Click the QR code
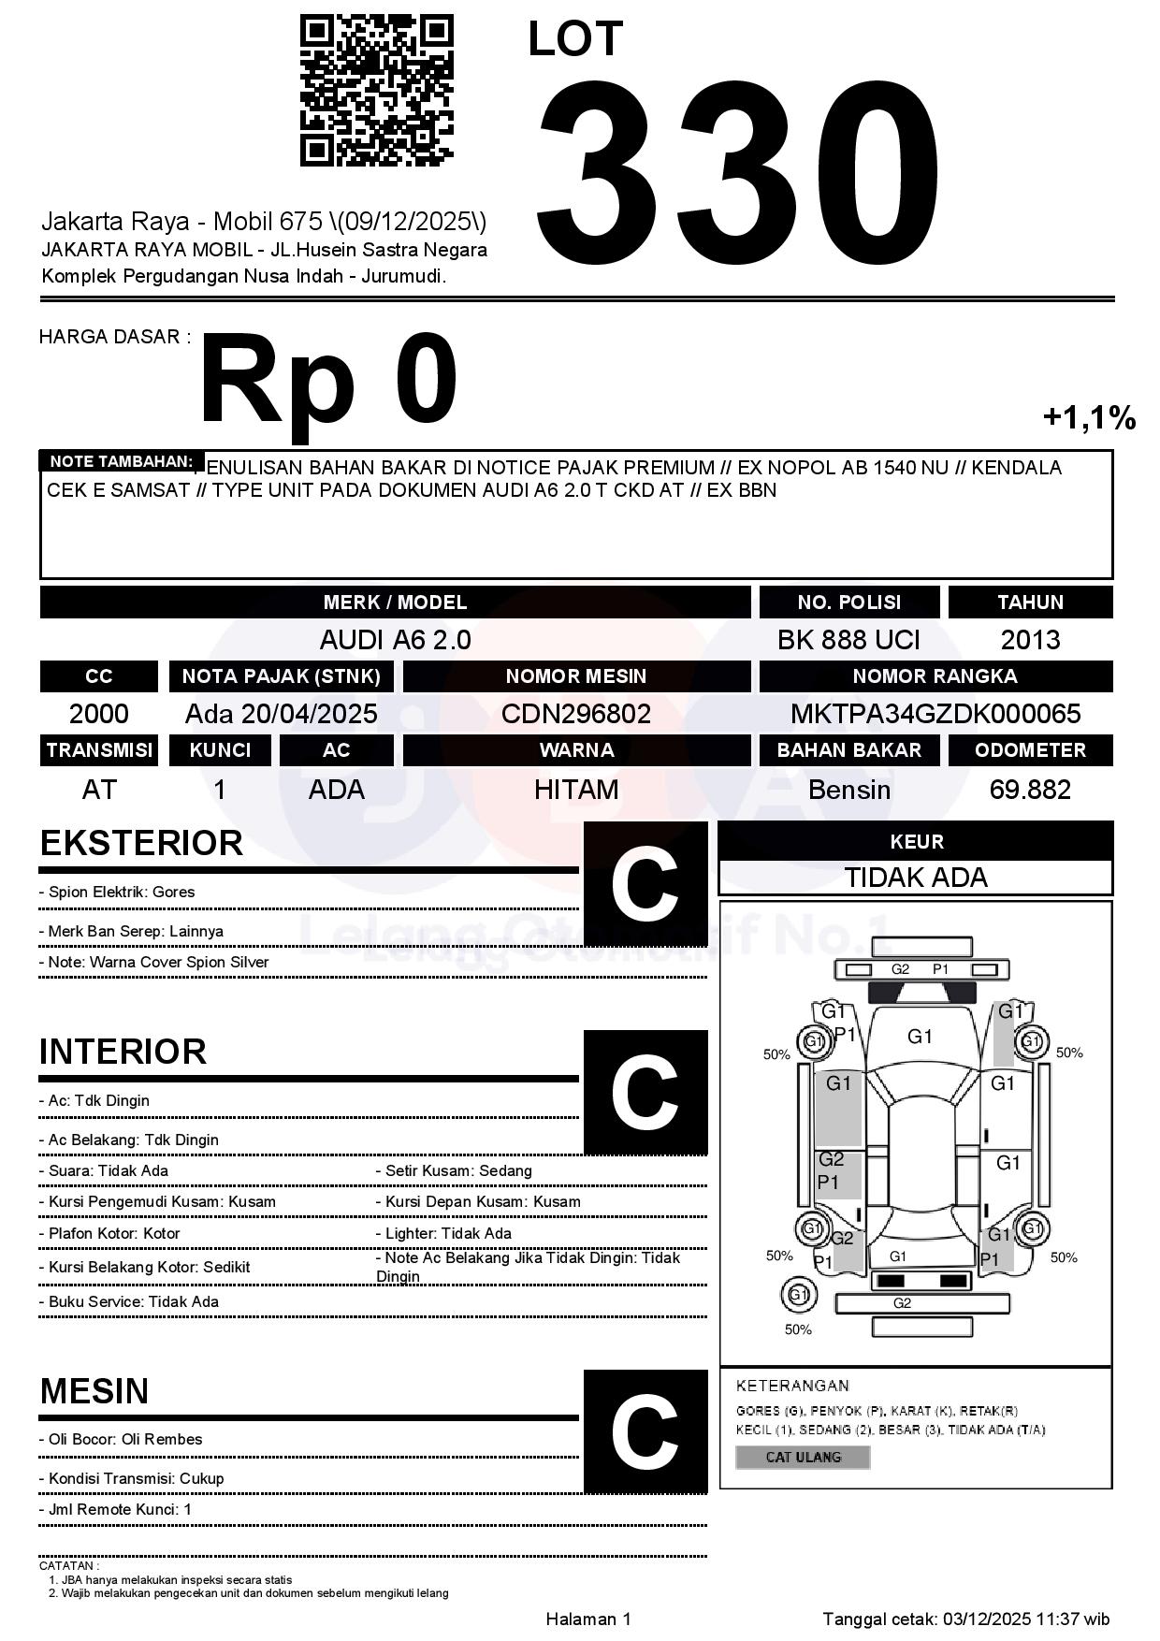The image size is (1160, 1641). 376,91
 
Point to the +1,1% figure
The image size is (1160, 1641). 1089,417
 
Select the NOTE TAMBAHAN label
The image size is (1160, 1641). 122,461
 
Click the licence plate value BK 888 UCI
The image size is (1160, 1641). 848,640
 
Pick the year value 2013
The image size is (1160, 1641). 1030,640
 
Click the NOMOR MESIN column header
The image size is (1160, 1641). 576,676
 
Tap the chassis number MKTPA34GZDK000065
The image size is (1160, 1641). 935,714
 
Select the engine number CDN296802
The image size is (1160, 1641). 576,714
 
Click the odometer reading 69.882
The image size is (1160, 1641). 1030,790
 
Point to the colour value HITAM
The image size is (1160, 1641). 576,790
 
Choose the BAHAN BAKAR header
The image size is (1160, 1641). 848,750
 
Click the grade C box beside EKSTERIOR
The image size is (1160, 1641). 645,883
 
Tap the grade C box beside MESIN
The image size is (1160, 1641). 645,1430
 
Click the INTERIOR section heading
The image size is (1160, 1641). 123,1052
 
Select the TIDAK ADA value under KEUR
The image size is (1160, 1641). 916,878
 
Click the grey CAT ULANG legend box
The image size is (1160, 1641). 803,1457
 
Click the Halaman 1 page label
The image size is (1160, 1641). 588,1619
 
